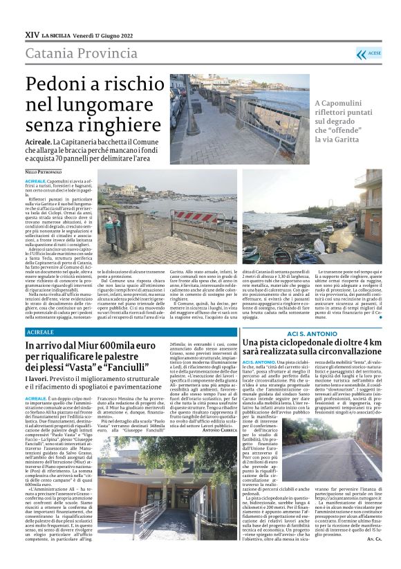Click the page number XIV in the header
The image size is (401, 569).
[32, 34]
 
